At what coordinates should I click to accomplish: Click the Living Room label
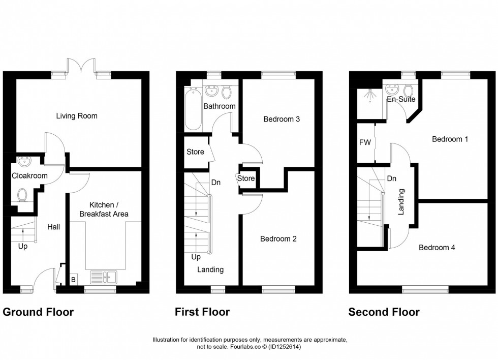click(77, 116)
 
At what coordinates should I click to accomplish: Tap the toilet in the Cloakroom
click(22, 195)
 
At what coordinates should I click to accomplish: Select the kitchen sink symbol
click(104, 277)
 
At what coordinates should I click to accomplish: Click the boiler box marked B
click(73, 279)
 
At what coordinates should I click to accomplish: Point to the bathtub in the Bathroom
click(193, 108)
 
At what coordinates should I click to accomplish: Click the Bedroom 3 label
click(281, 119)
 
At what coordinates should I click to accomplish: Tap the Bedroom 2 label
click(278, 238)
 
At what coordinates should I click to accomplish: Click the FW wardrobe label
click(365, 143)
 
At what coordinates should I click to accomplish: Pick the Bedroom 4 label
click(437, 248)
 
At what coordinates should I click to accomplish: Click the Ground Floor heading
click(38, 312)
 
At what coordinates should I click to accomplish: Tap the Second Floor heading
click(384, 312)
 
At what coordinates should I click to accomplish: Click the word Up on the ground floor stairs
click(23, 247)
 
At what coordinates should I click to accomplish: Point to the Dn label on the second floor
click(391, 178)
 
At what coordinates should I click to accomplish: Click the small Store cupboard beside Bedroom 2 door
click(245, 178)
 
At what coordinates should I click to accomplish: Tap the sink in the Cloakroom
click(23, 163)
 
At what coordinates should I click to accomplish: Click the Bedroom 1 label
click(450, 139)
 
